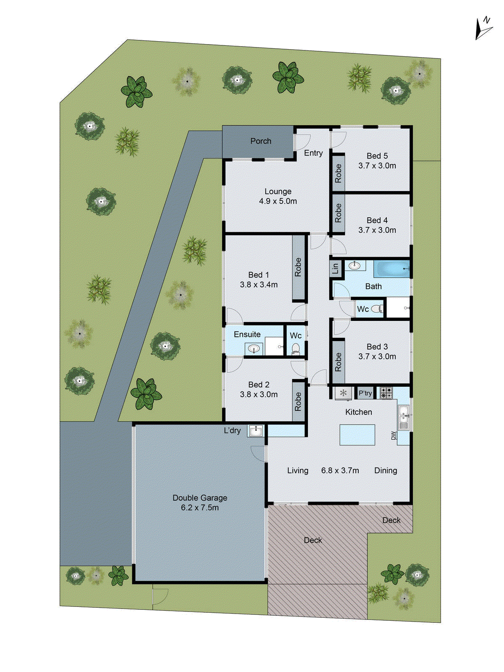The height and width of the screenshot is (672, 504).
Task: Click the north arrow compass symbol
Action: point(483,29)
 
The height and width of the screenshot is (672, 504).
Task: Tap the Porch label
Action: point(261,141)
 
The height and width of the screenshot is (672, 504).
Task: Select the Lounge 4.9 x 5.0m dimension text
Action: point(278,201)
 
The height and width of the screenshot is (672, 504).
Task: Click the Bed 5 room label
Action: point(377,156)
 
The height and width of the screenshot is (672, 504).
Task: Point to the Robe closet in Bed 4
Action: point(339,213)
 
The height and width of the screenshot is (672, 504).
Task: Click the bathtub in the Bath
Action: point(391,268)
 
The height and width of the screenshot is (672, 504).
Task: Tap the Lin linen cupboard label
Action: point(336,268)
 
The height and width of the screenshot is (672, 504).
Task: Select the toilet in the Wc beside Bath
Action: point(377,309)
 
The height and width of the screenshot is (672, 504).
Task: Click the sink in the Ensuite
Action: point(254,348)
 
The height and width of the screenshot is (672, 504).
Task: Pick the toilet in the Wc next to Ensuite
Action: point(296,349)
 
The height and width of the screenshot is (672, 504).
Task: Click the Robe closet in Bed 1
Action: point(298,267)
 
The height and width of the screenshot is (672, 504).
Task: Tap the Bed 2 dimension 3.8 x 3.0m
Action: point(259,394)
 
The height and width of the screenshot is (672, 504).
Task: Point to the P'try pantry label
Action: point(365,393)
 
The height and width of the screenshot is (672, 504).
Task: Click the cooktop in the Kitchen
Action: point(386,393)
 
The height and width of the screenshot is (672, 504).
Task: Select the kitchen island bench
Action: point(357,435)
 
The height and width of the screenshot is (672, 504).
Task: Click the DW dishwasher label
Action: point(394,436)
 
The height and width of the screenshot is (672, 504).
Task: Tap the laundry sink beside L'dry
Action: point(255,430)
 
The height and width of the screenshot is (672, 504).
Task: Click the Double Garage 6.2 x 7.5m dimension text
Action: point(199,507)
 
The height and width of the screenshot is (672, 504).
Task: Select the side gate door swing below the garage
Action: point(160,596)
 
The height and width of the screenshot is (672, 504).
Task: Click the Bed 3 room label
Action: point(377,346)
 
